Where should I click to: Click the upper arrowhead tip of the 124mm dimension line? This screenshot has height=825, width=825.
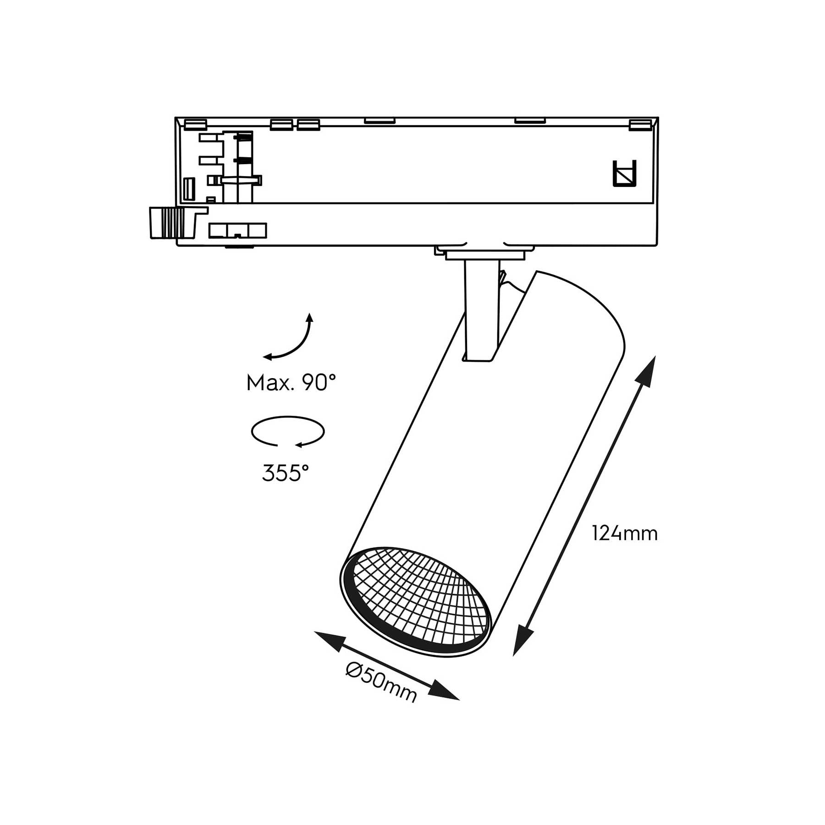tap(654, 356)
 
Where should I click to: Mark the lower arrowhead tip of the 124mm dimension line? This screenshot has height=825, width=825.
tap(514, 656)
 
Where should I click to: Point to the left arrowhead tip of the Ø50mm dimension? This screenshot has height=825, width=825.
tap(314, 632)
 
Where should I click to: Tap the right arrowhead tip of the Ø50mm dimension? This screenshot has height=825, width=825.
tap(460, 700)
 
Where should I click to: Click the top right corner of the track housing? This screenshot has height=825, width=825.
tap(658, 117)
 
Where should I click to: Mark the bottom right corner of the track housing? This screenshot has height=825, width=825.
tap(658, 246)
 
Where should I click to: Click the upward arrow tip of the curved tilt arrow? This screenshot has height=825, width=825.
tap(310, 313)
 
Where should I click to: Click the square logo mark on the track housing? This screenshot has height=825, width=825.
tap(625, 174)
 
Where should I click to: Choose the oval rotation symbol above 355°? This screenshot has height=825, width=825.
tap(288, 431)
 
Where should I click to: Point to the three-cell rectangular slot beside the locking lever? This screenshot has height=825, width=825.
tap(237, 231)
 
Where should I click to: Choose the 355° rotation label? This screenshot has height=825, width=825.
tap(286, 473)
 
